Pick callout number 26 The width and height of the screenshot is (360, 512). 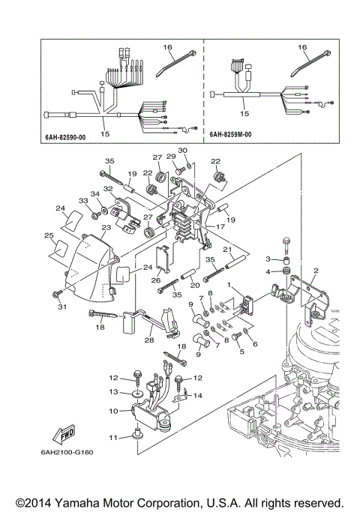pos(156,280)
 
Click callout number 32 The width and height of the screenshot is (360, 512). pos(107,189)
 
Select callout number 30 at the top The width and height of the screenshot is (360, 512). pos(183,151)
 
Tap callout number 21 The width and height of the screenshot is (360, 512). pos(225,249)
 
